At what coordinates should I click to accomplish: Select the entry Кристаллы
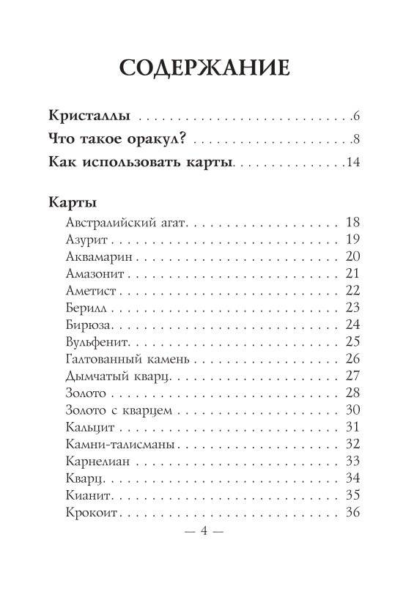pyautogui.click(x=89, y=116)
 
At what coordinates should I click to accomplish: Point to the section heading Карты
pyautogui.click(x=71, y=201)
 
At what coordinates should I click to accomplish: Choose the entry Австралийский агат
pyautogui.click(x=121, y=221)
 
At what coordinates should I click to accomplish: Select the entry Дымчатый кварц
pyautogui.click(x=111, y=376)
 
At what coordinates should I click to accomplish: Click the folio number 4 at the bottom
pyautogui.click(x=201, y=532)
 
